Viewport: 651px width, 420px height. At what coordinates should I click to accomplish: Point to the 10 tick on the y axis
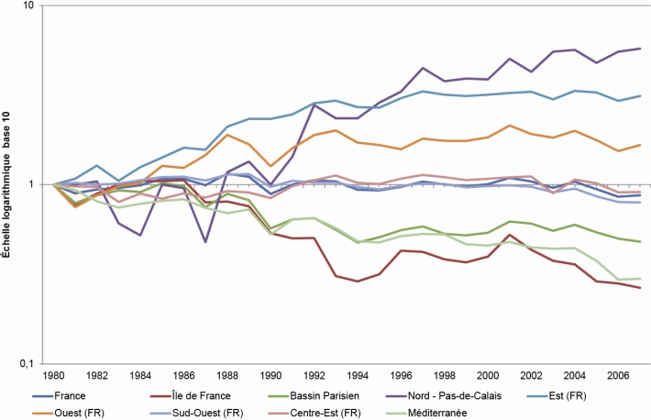point(28,6)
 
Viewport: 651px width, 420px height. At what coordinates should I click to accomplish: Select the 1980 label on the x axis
point(54,375)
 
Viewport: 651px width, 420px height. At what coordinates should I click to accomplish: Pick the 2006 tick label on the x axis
point(617,375)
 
